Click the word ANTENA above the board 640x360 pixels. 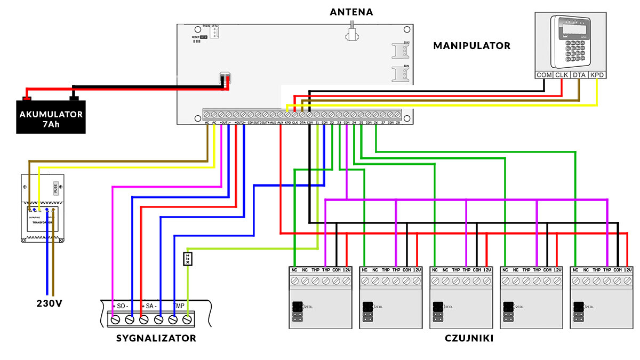[x=351, y=12]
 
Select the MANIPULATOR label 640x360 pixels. [x=471, y=46]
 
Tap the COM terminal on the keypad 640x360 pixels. [x=544, y=75]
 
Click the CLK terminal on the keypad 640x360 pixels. [x=562, y=75]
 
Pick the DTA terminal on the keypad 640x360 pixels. [x=579, y=75]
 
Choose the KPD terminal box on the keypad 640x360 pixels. [x=597, y=75]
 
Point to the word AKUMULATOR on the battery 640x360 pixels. [x=51, y=114]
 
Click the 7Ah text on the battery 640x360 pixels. [x=51, y=124]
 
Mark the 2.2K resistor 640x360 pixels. [x=188, y=259]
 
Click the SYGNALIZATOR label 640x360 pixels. [x=156, y=338]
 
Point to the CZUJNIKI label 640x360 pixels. [x=469, y=338]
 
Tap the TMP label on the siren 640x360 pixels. [x=179, y=307]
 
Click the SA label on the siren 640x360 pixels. [x=150, y=307]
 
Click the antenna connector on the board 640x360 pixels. [x=351, y=32]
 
